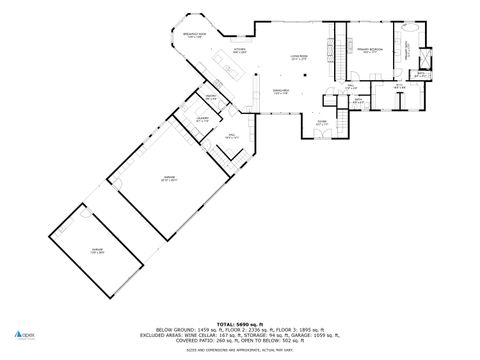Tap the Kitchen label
(240, 50)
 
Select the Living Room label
(298, 58)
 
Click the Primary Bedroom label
(371, 48)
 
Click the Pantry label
(211, 98)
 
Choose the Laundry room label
(201, 120)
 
